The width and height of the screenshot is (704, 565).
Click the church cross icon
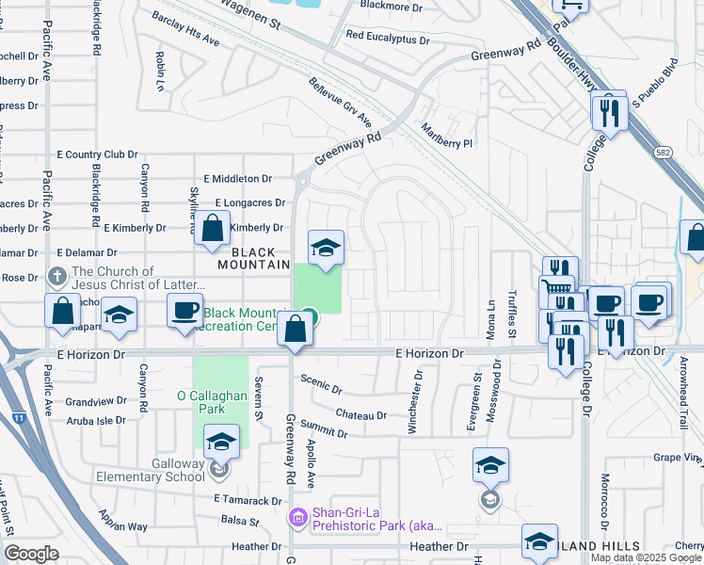pyautogui.click(x=56, y=278)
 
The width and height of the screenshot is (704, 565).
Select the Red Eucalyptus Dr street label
pyautogui.click(x=387, y=40)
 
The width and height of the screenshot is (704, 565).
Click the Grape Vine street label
pyautogui.click(x=679, y=459)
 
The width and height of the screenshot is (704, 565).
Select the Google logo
pyautogui.click(x=31, y=554)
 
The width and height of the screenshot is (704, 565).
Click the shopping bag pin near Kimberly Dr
pyautogui.click(x=213, y=228)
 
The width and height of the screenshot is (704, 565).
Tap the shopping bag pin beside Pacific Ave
pyautogui.click(x=61, y=311)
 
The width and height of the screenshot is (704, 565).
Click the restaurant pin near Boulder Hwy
pyautogui.click(x=609, y=113)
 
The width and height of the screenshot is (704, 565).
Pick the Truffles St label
pyautogui.click(x=513, y=313)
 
